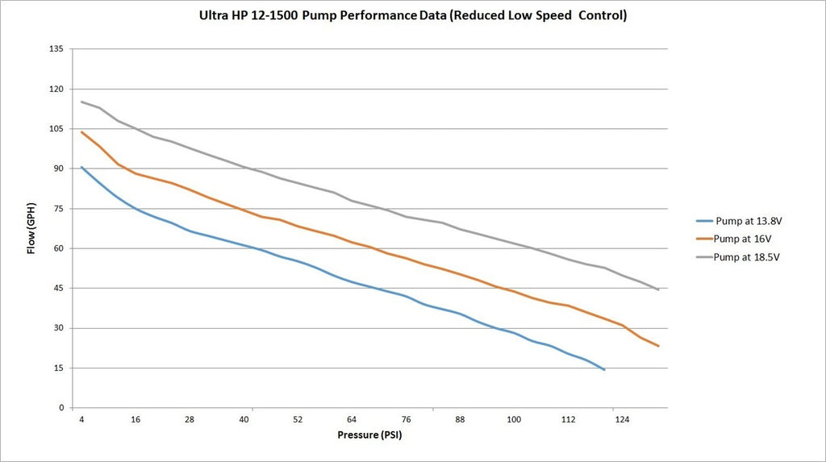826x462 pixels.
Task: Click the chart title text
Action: pyautogui.click(x=412, y=15)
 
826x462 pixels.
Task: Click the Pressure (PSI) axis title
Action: pyautogui.click(x=369, y=435)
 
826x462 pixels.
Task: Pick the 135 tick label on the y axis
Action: pyautogui.click(x=56, y=49)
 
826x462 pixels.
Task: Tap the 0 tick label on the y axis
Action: pyautogui.click(x=61, y=408)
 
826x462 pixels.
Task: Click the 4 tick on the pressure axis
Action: pyautogui.click(x=81, y=419)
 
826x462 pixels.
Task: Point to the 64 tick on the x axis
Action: pyautogui.click(x=352, y=419)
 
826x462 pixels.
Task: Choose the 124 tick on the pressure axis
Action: pyautogui.click(x=621, y=419)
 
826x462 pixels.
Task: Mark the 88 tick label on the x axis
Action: pyautogui.click(x=460, y=419)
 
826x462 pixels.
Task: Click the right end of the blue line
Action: pyautogui.click(x=604, y=369)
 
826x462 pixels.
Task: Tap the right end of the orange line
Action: pyautogui.click(x=659, y=346)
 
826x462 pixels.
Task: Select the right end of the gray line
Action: pyautogui.click(x=659, y=289)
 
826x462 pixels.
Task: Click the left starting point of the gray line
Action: pyautogui.click(x=81, y=102)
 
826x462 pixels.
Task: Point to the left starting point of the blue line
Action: pyautogui.click(x=81, y=167)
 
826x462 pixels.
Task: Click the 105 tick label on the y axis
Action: pyautogui.click(x=56, y=129)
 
